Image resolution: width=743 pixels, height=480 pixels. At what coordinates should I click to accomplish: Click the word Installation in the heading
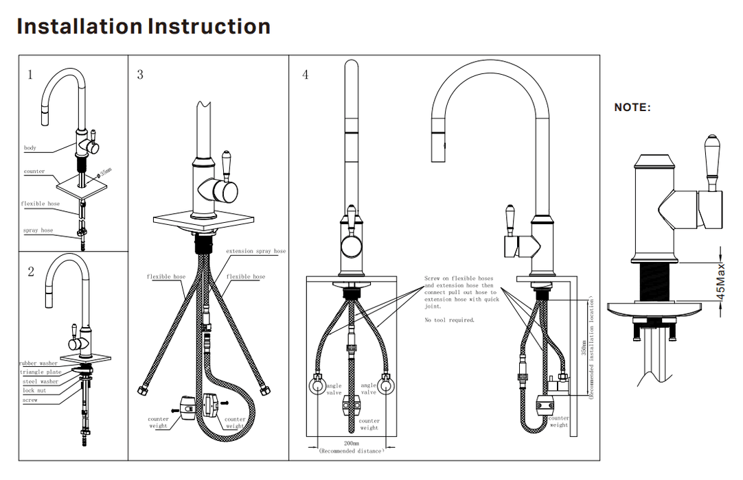click(79, 27)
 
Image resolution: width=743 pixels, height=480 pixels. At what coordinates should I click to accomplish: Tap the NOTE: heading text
click(632, 108)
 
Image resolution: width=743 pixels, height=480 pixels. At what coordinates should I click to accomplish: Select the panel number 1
click(30, 75)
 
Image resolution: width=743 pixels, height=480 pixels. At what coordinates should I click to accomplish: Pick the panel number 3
click(140, 75)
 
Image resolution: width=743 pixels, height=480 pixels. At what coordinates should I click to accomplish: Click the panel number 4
click(306, 75)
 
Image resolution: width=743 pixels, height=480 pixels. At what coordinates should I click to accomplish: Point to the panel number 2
click(31, 272)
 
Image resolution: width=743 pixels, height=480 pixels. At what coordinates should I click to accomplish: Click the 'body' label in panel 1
click(30, 148)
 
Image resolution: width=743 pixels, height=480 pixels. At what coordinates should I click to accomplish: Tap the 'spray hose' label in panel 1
click(38, 230)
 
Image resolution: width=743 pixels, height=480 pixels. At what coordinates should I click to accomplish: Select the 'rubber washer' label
click(38, 363)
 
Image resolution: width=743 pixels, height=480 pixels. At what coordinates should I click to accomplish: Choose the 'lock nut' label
click(34, 390)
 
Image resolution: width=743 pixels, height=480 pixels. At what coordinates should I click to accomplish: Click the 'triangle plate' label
click(40, 372)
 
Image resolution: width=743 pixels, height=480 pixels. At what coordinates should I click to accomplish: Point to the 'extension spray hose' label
click(255, 252)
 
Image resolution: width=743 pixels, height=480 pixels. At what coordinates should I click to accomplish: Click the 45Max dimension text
click(721, 281)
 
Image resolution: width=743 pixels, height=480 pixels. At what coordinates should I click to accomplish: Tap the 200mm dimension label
click(351, 444)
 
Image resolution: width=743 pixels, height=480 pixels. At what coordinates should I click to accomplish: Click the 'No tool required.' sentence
click(449, 320)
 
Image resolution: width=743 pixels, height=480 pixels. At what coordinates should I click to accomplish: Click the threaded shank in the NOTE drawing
click(653, 280)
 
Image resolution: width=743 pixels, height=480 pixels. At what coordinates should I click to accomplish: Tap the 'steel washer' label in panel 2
click(40, 381)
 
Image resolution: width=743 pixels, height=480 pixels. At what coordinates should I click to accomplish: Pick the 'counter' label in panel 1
click(34, 171)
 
